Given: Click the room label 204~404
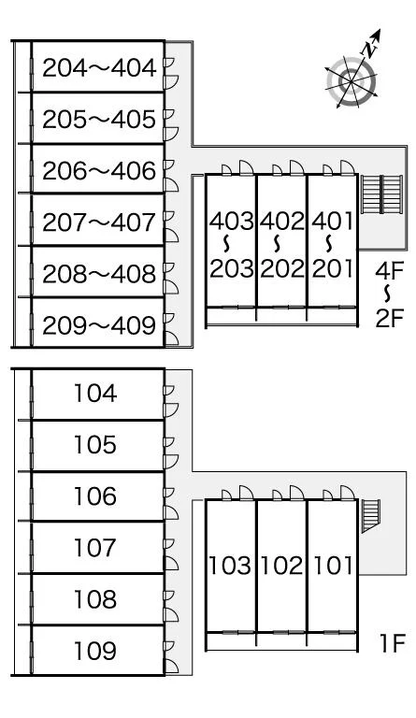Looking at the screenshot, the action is click(99, 68).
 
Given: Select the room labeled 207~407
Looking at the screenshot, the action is click(99, 223).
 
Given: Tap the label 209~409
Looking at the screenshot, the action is click(99, 325).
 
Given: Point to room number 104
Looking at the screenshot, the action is click(95, 394).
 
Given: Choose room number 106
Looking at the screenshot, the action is click(95, 496).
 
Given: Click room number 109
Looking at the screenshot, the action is click(95, 651).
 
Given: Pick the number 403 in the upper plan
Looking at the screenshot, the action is click(231, 222).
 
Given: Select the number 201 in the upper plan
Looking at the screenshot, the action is click(333, 268).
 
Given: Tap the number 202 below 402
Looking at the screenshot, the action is click(282, 268).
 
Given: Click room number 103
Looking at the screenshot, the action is click(230, 566).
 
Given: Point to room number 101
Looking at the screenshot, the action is click(333, 566).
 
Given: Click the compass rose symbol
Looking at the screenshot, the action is click(351, 81).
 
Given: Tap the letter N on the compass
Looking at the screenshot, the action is click(370, 49).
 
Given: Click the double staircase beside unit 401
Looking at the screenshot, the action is click(381, 194).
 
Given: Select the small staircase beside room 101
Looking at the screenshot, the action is click(371, 516).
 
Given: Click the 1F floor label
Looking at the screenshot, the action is click(393, 644).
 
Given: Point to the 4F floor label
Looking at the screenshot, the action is click(389, 271).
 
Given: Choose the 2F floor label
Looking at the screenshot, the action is click(389, 319).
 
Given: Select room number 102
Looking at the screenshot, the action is click(281, 566).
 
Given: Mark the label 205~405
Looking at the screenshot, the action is click(99, 120).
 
